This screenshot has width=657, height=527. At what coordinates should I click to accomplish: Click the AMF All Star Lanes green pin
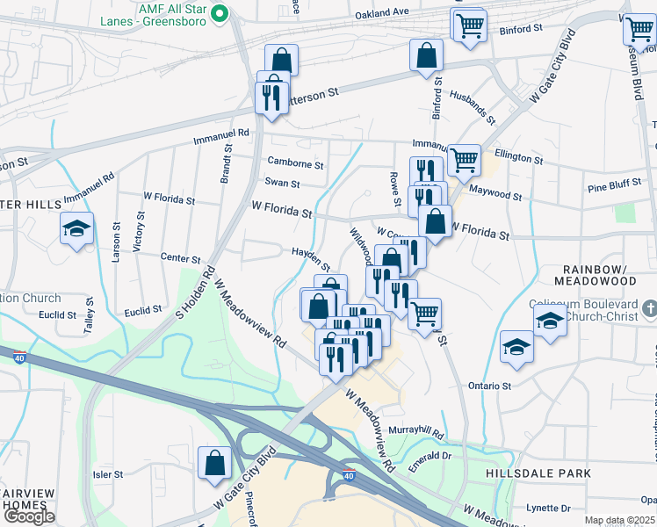tap(222, 13)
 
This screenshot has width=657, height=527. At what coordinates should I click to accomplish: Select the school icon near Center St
tap(77, 229)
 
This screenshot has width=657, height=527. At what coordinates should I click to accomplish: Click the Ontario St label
tap(490, 386)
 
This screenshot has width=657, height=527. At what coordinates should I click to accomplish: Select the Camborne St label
tap(296, 164)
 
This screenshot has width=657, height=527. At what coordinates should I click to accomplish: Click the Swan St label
tap(283, 184)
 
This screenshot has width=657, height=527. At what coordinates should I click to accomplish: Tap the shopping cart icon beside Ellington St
tap(463, 161)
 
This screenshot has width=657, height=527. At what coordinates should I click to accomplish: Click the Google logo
tap(29, 516)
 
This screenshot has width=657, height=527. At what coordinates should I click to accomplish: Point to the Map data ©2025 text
tap(619, 520)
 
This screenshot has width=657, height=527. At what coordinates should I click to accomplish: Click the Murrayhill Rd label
tap(417, 434)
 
